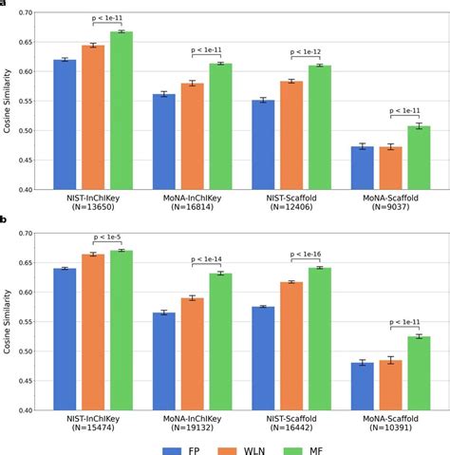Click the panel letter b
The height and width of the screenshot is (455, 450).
point(4,219)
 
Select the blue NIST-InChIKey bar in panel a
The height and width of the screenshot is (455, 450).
point(65,124)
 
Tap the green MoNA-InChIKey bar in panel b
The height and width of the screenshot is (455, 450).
point(220,341)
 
